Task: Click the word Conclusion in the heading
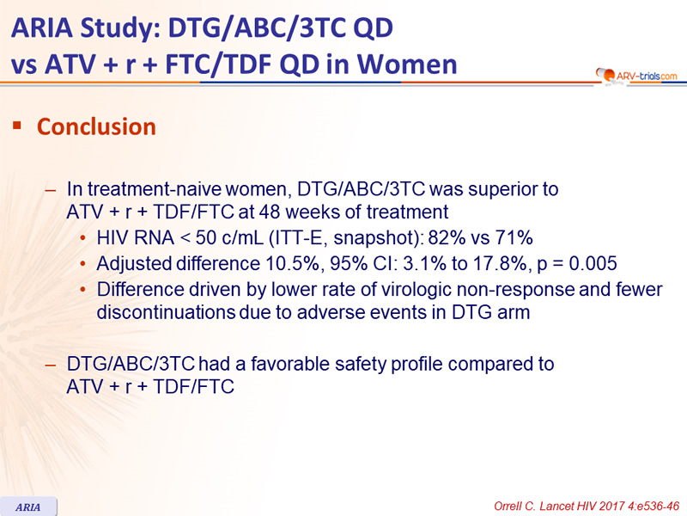point(96,126)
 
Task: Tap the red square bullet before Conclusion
point(17,126)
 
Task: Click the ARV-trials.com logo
point(636,76)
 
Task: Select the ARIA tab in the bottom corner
point(28,507)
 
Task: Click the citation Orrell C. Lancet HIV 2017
point(587,506)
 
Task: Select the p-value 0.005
point(593,263)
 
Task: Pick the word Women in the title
point(407,64)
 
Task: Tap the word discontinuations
point(166,312)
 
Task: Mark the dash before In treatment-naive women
point(51,190)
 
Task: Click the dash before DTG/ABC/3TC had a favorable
point(51,365)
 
